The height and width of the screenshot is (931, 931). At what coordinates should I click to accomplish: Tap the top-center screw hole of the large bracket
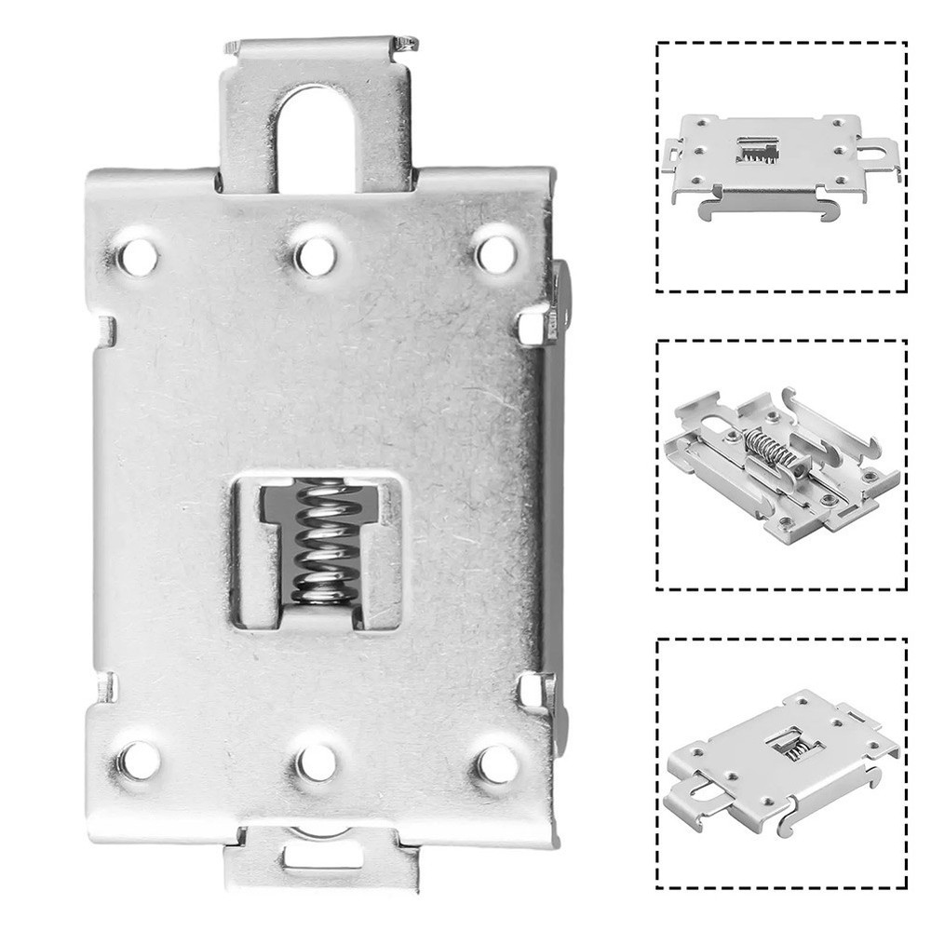(316, 252)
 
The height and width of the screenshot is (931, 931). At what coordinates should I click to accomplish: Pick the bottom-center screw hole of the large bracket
(316, 761)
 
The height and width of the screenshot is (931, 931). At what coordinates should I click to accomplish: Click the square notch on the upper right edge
(532, 326)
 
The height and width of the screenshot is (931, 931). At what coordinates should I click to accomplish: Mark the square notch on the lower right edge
(532, 688)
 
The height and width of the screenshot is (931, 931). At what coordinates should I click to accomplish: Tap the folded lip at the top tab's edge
(317, 45)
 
